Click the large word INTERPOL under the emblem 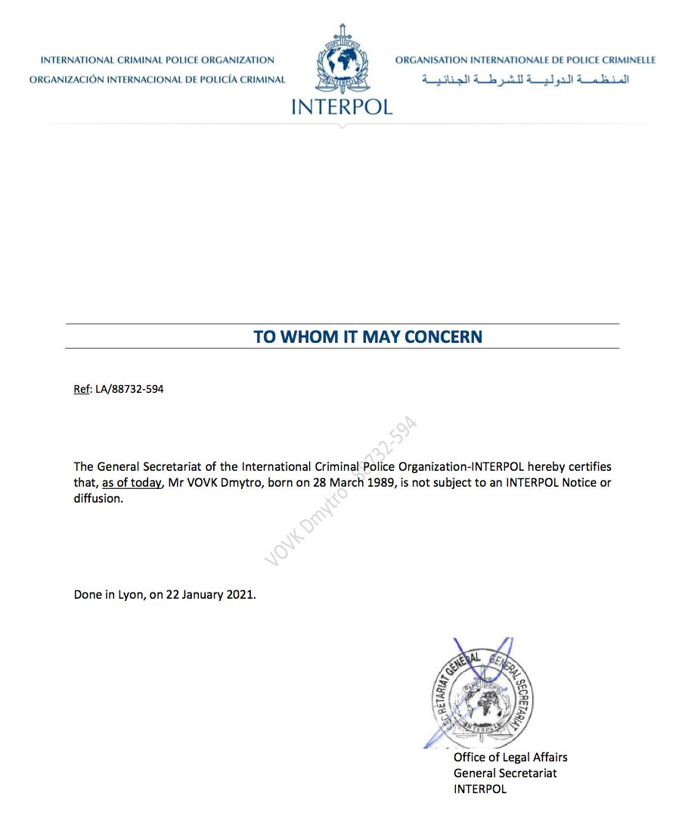tap(342, 106)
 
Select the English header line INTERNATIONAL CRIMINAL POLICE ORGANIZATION tap(157, 60)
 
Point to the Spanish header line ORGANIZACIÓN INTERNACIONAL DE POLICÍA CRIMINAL tap(157, 79)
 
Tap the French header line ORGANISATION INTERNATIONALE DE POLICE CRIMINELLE tap(525, 60)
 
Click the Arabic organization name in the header tap(525, 79)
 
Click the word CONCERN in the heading tap(443, 337)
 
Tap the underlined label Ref tap(81, 390)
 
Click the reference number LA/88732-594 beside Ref tap(129, 390)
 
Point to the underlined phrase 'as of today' tap(132, 483)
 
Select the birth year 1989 tap(381, 483)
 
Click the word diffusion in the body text tap(98, 500)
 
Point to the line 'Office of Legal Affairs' tap(510, 757)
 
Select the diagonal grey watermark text tap(341, 492)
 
